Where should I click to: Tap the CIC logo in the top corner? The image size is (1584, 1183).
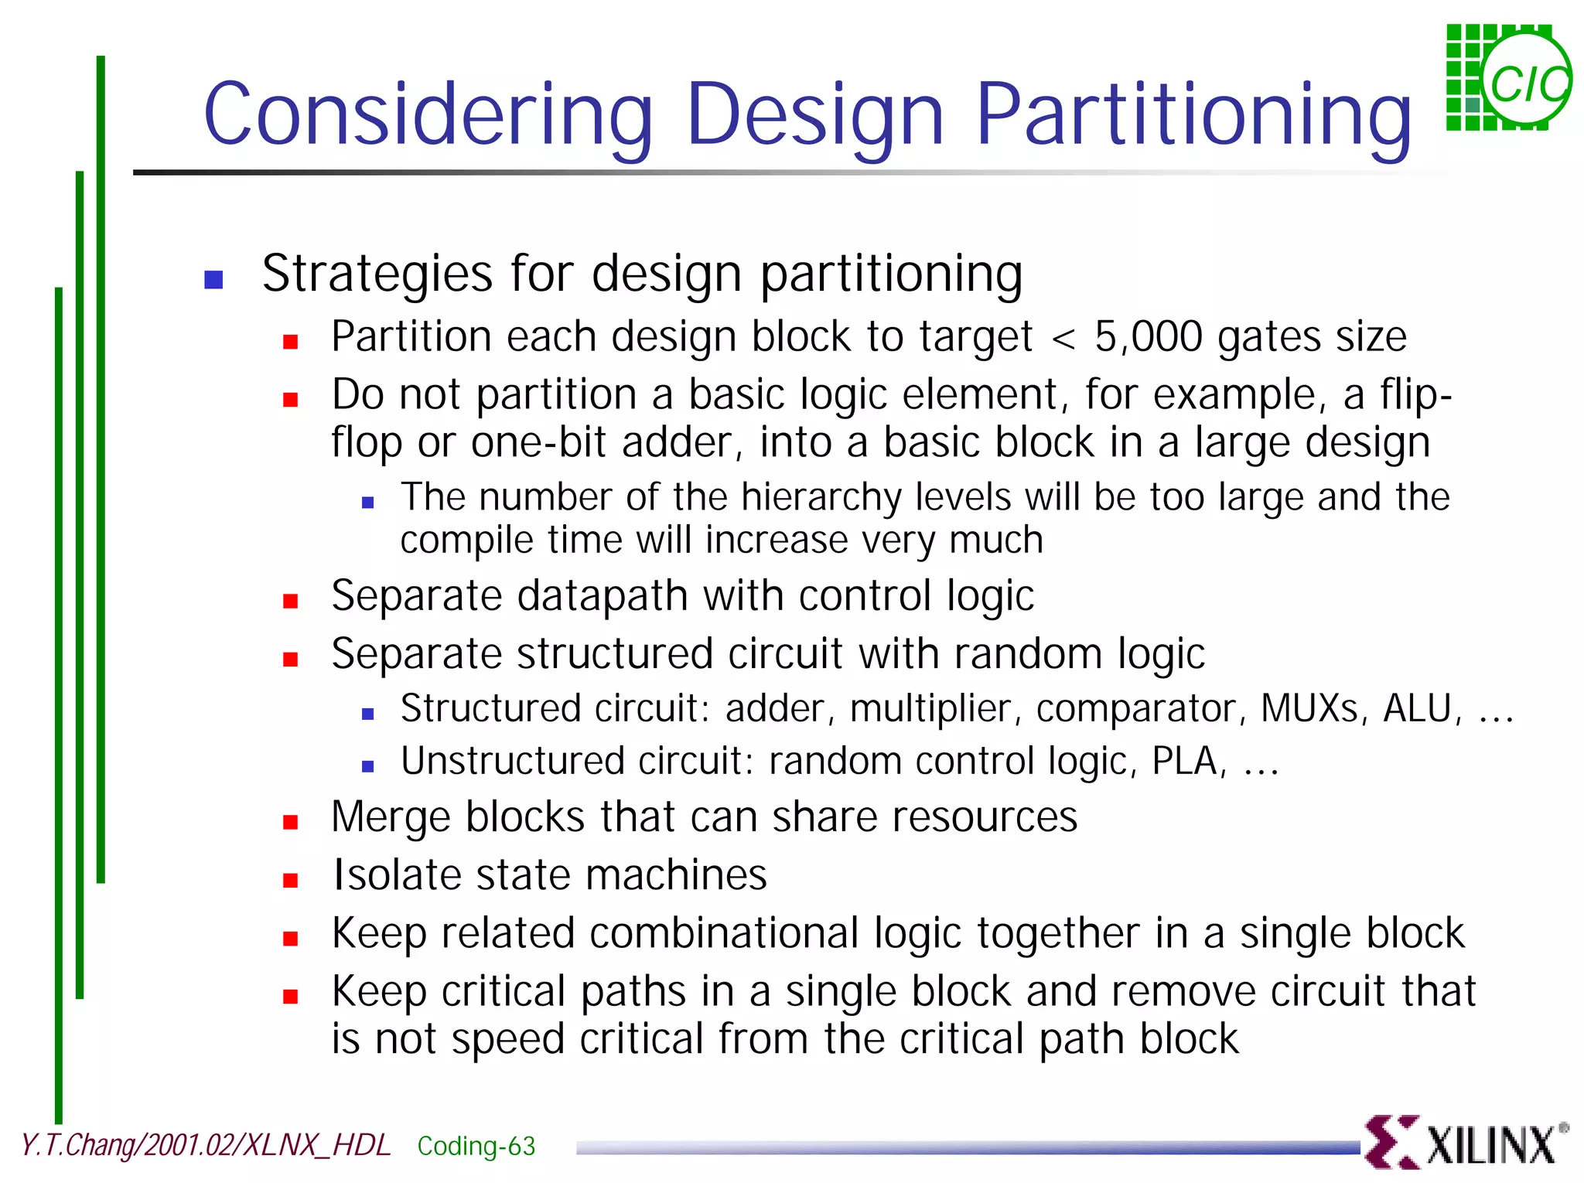click(x=1508, y=78)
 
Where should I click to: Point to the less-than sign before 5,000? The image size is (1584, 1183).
click(x=1063, y=339)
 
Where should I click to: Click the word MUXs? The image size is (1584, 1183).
click(x=1309, y=708)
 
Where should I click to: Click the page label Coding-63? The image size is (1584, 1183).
click(x=476, y=1146)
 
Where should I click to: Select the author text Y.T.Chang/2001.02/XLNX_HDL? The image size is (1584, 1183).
click(x=206, y=1145)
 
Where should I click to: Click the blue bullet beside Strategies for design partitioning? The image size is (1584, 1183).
click(x=213, y=279)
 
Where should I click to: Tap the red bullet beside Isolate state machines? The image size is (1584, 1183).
click(x=291, y=880)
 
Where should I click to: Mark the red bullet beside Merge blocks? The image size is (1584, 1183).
click(x=291, y=822)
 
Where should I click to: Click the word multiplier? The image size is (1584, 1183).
click(x=931, y=708)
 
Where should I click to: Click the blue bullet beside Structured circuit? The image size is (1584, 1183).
click(x=368, y=714)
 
